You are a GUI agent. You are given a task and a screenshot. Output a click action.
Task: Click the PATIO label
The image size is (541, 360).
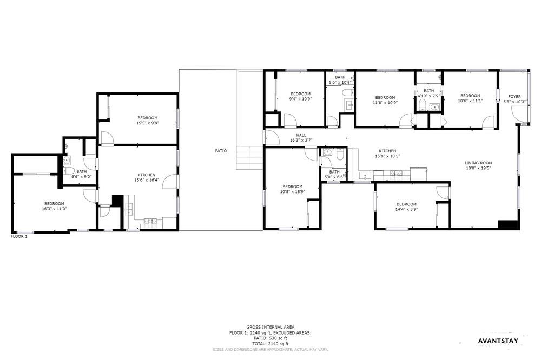click(x=221, y=151)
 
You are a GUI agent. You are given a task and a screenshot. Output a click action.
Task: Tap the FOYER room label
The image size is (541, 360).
click(x=514, y=97)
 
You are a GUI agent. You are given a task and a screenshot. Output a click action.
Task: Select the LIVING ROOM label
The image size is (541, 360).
click(x=478, y=163)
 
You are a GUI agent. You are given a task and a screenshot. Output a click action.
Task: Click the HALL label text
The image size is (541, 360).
click(x=301, y=135)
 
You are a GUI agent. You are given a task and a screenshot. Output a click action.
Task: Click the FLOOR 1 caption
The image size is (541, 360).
click(x=19, y=237)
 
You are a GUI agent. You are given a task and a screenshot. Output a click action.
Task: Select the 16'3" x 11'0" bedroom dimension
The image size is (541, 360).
click(x=54, y=209)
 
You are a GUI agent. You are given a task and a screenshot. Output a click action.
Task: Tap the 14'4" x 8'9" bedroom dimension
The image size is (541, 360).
click(x=406, y=209)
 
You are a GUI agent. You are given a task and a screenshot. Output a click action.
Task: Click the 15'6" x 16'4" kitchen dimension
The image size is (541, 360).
click(x=147, y=179)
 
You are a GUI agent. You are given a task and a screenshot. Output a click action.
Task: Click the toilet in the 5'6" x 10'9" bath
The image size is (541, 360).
click(x=347, y=92)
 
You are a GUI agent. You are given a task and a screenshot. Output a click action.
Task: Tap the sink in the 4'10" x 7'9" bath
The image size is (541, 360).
click(x=434, y=107)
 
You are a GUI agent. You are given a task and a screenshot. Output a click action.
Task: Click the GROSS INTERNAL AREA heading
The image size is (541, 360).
click(x=270, y=327)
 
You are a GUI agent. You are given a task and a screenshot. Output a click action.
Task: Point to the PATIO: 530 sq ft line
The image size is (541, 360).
click(x=270, y=338)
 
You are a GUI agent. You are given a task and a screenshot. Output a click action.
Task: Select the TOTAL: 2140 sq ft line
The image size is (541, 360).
click(x=270, y=344)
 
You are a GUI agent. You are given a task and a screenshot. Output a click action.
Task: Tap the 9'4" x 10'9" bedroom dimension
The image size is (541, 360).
click(x=300, y=98)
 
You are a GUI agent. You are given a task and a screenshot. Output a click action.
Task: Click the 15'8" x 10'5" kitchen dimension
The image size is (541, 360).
click(x=387, y=156)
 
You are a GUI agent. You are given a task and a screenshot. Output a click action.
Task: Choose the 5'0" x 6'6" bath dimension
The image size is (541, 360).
click(x=334, y=177)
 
